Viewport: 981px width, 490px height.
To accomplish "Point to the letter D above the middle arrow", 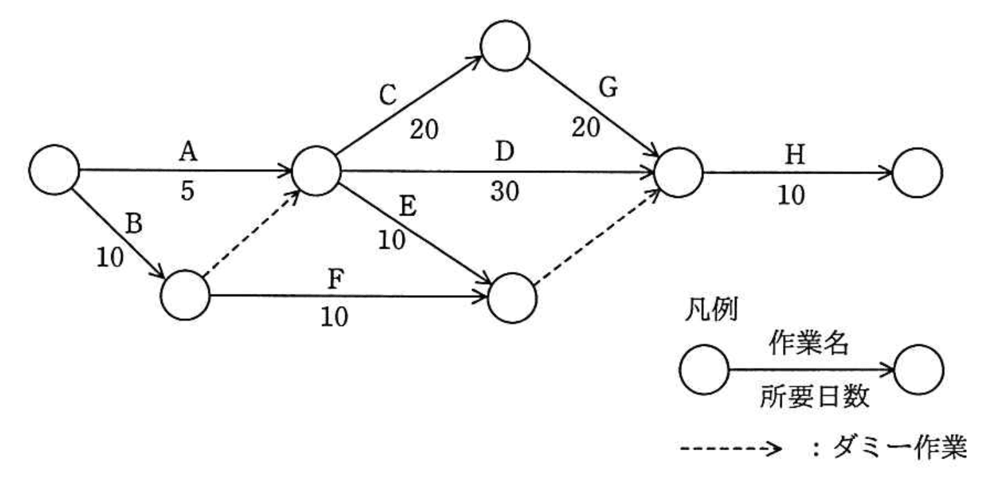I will pos(505,154).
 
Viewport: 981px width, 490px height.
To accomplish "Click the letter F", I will pos(335,281).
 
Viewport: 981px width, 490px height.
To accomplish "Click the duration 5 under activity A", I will pos(187,192).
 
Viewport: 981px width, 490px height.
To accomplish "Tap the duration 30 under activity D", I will pos(505,192).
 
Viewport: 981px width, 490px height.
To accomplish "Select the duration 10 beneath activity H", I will pos(791,195).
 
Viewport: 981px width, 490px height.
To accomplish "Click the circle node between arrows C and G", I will pos(505,46).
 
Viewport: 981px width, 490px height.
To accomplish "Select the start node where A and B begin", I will pos(54,170).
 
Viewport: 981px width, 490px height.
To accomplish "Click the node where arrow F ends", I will pos(512,298).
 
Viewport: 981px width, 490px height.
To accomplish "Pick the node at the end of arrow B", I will pos(185,295).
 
